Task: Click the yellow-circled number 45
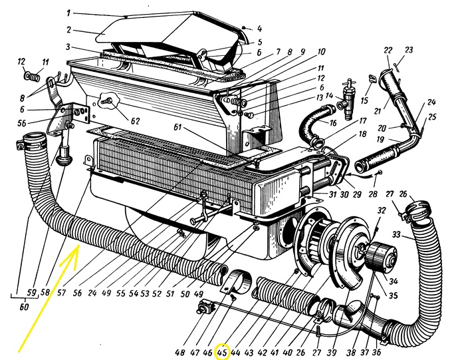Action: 222,352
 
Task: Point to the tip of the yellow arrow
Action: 78,245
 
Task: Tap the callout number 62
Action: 135,121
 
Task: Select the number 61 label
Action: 177,127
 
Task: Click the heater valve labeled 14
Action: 346,98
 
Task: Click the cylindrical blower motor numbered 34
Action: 381,257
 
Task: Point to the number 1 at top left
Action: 68,13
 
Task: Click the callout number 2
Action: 69,30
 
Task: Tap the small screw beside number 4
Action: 244,27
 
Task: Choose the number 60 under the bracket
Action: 24,307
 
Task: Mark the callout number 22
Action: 388,50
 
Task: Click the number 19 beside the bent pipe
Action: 380,139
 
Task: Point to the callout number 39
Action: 332,353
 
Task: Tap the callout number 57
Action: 61,292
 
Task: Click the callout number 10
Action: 321,52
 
